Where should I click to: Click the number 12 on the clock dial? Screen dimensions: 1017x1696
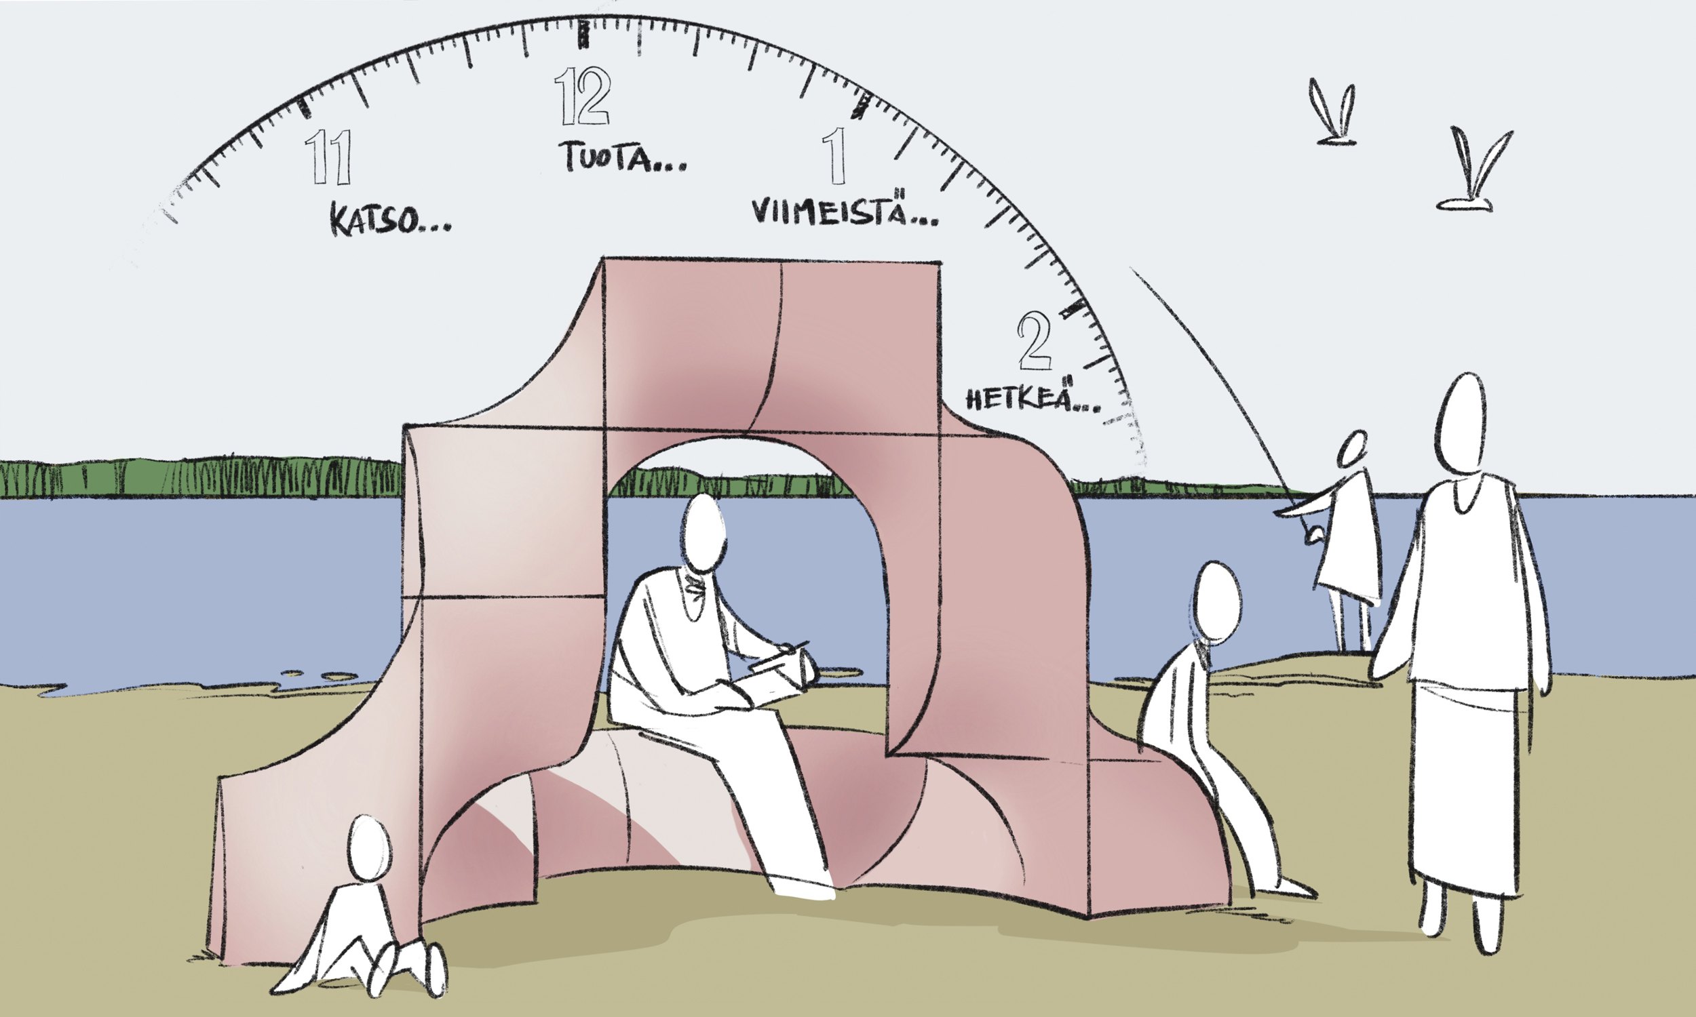582,96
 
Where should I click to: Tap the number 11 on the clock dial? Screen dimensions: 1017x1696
328,156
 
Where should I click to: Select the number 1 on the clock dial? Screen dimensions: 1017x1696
834,156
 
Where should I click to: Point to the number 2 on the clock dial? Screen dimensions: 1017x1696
1035,339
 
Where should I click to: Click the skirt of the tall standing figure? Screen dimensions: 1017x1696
1465,788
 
